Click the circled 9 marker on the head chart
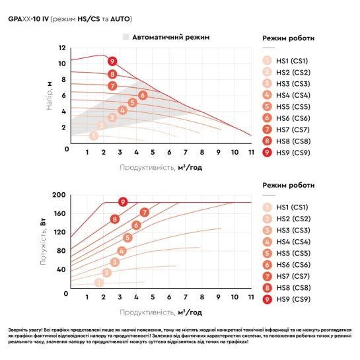[x=112, y=61]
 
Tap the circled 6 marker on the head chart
[x=143, y=95]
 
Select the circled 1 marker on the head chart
[x=94, y=136]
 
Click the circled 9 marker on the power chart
[x=123, y=202]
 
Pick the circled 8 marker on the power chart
[x=115, y=219]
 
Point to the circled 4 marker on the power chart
[x=122, y=251]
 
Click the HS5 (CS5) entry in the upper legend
[x=286, y=106]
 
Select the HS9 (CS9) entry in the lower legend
[x=287, y=299]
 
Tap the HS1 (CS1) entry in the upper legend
[x=285, y=61]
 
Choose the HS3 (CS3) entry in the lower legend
[x=287, y=231]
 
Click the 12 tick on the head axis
[x=62, y=48]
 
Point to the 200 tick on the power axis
[x=59, y=195]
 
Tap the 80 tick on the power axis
[x=61, y=251]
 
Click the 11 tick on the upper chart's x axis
[x=251, y=152]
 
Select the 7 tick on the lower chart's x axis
[x=186, y=297]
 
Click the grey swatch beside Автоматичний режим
[x=126, y=37]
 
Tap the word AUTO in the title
[x=120, y=19]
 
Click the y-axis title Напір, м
[x=50, y=96]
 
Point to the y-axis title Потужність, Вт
[x=43, y=242]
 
